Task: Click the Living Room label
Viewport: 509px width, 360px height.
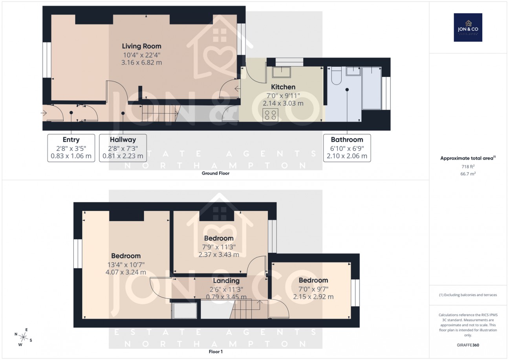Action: click(x=141, y=46)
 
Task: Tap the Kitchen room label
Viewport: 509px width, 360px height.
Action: click(x=283, y=87)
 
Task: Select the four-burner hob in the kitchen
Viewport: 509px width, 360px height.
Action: click(x=270, y=114)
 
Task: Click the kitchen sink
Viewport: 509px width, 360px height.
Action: click(x=281, y=72)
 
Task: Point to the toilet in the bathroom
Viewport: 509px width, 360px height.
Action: click(x=336, y=75)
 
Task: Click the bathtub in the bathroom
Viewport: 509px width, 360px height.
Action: click(x=371, y=87)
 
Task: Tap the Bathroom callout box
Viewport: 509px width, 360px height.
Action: click(x=347, y=148)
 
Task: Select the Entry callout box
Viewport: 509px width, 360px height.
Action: click(x=71, y=148)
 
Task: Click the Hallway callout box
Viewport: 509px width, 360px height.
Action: click(x=123, y=148)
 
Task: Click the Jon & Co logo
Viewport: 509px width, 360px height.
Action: click(x=468, y=28)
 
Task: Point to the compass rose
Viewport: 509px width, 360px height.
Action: click(x=24, y=337)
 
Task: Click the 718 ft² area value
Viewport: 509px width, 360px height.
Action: click(x=468, y=166)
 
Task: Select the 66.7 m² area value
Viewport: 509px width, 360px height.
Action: click(x=468, y=173)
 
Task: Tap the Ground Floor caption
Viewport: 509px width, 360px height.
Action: click(x=216, y=173)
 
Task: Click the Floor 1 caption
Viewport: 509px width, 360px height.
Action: click(x=216, y=352)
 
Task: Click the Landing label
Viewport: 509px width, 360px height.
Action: click(x=226, y=281)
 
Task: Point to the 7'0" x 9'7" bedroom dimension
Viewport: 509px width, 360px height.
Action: click(x=313, y=289)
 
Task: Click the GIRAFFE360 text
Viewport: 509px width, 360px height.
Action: click(x=468, y=345)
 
